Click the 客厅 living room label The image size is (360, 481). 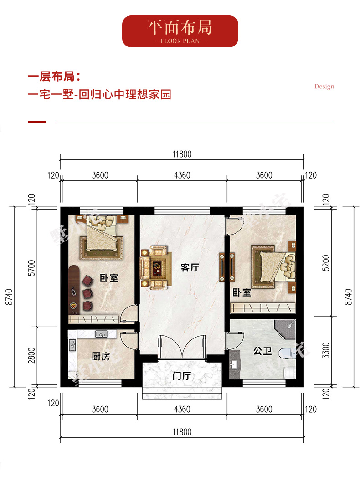[x=190, y=267]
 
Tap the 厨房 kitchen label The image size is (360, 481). [x=101, y=356]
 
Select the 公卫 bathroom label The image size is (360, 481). [x=262, y=351]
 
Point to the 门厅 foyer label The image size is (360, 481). [x=182, y=375]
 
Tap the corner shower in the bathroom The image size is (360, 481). [x=285, y=329]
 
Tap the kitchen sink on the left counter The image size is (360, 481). [x=72, y=345]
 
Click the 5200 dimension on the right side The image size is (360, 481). [x=326, y=263]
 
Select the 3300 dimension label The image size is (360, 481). [x=326, y=350]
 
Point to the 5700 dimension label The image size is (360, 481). [x=31, y=268]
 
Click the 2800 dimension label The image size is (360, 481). [x=31, y=356]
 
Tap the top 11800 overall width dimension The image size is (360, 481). [x=182, y=154]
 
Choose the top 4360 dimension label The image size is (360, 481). [x=182, y=175]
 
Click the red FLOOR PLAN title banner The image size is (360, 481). [x=180, y=31]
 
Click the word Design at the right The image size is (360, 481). [x=324, y=87]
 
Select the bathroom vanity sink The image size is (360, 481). [x=235, y=364]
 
